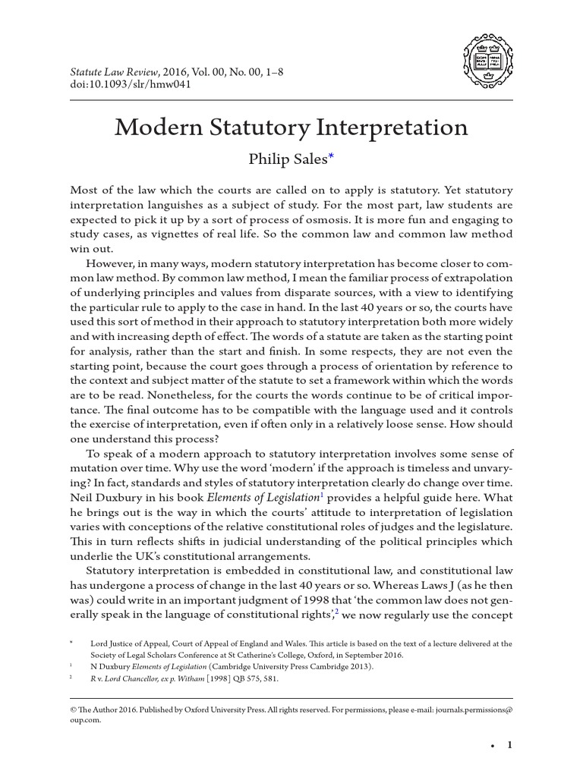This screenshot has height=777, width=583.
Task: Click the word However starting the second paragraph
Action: tap(113, 263)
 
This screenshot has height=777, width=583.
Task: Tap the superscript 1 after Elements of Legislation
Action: tap(322, 493)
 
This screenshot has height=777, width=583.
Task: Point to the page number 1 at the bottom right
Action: tap(509, 746)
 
